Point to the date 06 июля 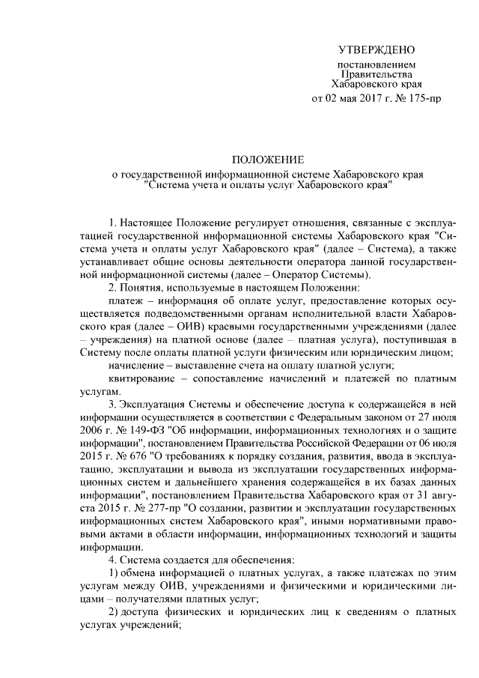pos(425,446)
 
